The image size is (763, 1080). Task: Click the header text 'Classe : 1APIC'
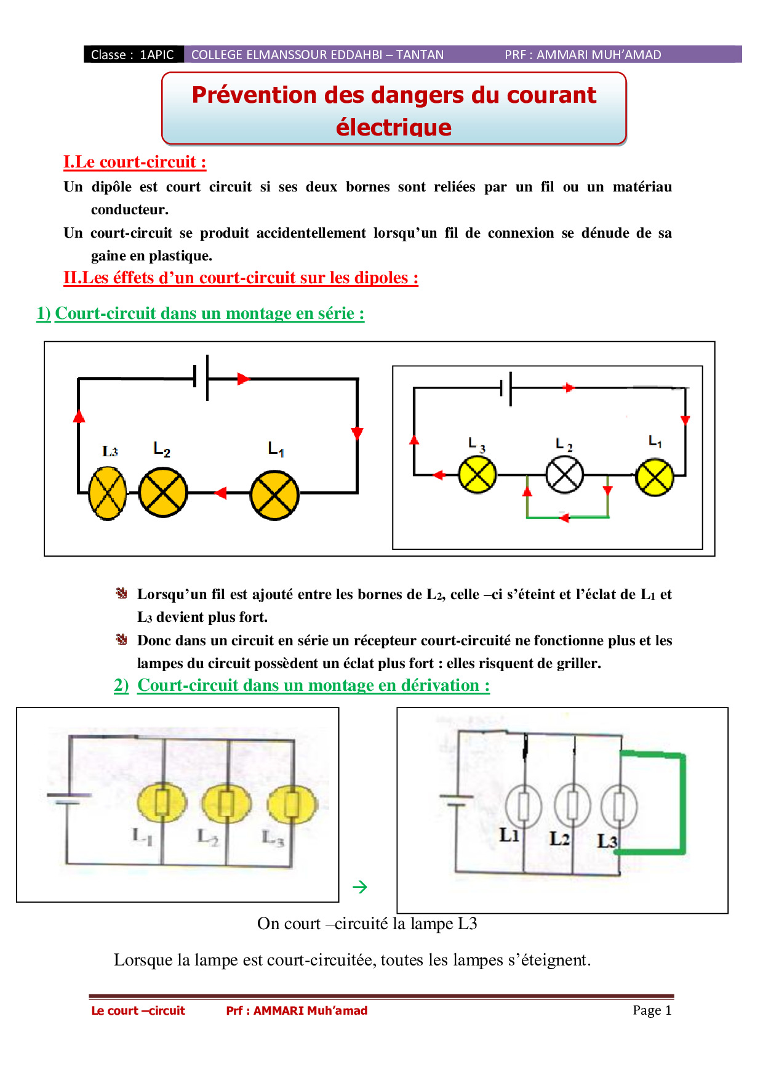[132, 55]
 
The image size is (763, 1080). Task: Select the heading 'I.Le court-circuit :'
[135, 162]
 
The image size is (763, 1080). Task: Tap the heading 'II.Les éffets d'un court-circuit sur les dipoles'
[241, 278]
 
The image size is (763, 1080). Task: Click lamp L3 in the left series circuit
[108, 493]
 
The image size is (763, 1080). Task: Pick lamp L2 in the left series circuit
[163, 493]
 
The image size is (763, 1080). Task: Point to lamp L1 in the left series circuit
[275, 495]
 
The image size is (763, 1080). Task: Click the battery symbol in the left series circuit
[201, 378]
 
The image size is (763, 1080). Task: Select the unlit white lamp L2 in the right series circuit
[565, 475]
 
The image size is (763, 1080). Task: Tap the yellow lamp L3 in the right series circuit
[477, 475]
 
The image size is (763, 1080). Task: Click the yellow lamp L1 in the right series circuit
[655, 477]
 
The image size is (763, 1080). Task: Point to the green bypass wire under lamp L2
[567, 517]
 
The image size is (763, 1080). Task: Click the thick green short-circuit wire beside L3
[682, 804]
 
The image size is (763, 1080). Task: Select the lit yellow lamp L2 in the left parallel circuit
[226, 804]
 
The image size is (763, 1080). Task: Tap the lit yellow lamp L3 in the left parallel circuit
[292, 804]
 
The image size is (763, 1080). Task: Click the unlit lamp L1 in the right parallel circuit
[524, 806]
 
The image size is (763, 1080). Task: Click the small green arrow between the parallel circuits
[360, 887]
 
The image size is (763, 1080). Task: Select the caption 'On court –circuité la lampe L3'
[367, 924]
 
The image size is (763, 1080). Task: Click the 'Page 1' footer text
[652, 1010]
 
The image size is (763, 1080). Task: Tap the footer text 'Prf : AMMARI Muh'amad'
[297, 1010]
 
